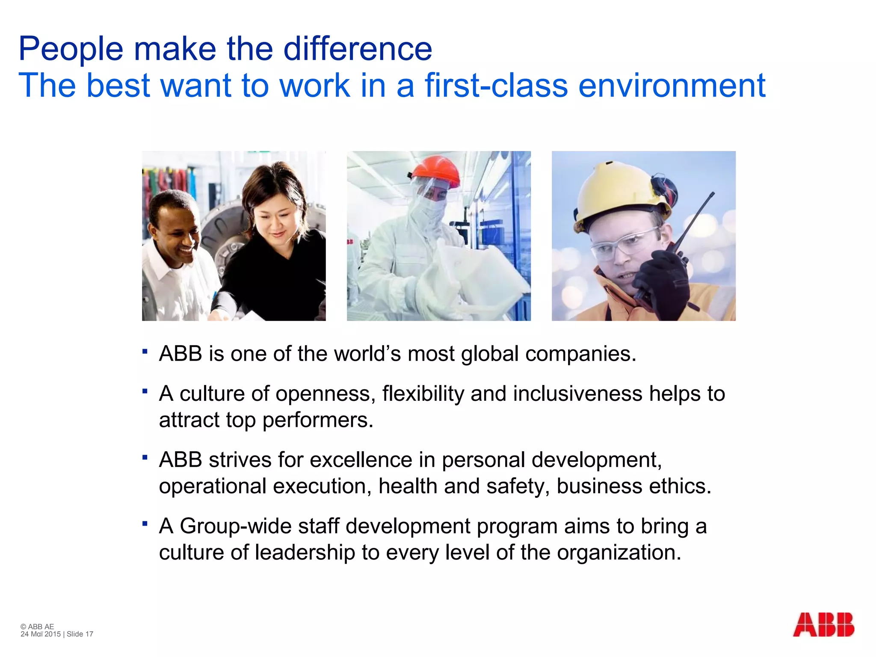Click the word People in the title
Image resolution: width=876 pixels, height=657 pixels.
[x=71, y=49]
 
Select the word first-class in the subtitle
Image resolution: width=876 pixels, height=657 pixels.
[x=496, y=86]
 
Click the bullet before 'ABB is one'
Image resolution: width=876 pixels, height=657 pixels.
[x=145, y=352]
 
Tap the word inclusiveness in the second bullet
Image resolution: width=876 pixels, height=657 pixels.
[x=577, y=394]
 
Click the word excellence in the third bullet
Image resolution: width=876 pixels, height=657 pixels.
[x=361, y=460]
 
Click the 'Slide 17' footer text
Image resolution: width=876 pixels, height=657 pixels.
[x=80, y=634]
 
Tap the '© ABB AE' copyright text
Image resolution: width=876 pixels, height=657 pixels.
[x=37, y=627]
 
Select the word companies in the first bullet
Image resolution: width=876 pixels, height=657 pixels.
[x=580, y=354]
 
